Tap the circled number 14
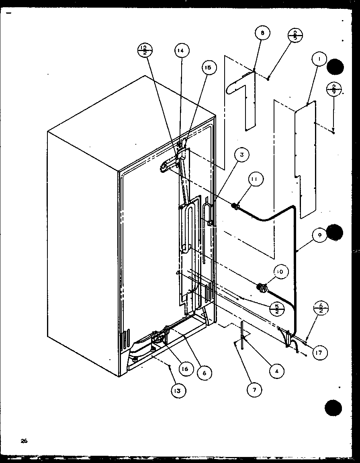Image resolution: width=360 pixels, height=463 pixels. pyautogui.click(x=181, y=51)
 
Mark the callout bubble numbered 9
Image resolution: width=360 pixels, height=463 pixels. pyautogui.click(x=320, y=236)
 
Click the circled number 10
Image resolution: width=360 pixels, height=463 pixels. pyautogui.click(x=280, y=272)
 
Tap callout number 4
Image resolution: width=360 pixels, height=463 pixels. pyautogui.click(x=275, y=372)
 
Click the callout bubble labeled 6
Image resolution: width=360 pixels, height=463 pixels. pyautogui.click(x=204, y=373)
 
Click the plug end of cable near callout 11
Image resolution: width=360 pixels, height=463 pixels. pyautogui.click(x=235, y=207)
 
